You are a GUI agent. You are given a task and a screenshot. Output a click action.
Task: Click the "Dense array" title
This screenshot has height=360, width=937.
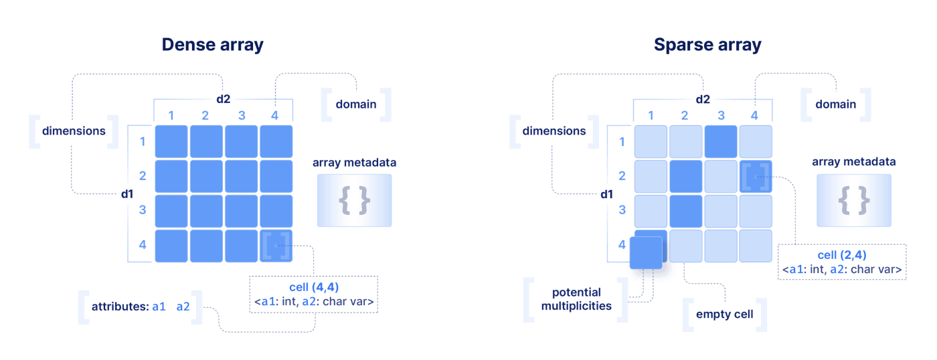tap(212, 45)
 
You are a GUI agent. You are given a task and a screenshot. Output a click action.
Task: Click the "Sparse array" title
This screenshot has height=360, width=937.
tap(707, 45)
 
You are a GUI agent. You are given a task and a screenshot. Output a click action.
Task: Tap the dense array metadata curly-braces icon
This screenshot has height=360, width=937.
tap(354, 200)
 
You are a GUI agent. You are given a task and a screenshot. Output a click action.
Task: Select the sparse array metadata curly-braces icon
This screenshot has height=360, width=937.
tap(853, 200)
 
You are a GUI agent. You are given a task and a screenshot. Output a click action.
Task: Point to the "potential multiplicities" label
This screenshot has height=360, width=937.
tap(576, 299)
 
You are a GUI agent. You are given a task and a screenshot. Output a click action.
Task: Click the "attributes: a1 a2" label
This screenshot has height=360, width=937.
tap(141, 307)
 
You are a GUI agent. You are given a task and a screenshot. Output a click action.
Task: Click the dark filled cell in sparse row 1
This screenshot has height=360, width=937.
tap(720, 142)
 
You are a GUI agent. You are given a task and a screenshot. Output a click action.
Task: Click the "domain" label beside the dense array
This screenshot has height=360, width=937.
tap(356, 104)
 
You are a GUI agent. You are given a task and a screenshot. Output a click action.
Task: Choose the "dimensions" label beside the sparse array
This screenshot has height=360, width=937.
tap(553, 131)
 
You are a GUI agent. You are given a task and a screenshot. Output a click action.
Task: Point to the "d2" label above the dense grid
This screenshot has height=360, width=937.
tap(223, 99)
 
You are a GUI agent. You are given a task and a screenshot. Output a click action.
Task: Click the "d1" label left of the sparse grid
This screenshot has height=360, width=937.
tap(606, 195)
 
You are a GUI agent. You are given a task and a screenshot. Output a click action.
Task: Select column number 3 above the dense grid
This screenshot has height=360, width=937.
tap(241, 115)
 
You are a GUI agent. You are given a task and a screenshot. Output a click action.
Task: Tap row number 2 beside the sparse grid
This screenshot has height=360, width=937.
tap(622, 177)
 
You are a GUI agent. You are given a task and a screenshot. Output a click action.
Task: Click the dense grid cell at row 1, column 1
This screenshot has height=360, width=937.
tap(171, 142)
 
